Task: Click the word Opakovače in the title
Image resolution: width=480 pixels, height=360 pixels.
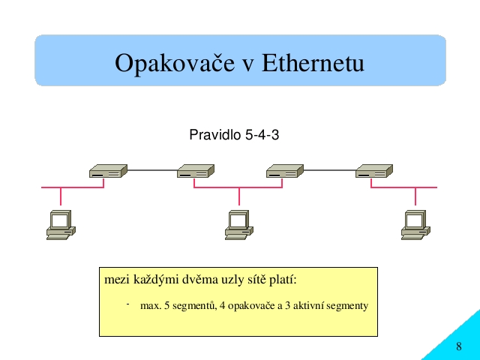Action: [x=175, y=64]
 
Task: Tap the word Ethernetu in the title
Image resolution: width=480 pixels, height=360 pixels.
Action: [x=313, y=62]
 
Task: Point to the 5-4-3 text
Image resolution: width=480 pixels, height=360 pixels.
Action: [x=262, y=135]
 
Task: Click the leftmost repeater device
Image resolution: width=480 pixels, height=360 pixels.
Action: [x=108, y=171]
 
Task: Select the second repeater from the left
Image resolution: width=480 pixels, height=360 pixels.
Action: [x=196, y=171]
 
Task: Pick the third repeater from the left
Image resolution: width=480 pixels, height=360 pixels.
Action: [x=285, y=171]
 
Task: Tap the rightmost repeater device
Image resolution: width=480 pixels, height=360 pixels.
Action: [x=374, y=171]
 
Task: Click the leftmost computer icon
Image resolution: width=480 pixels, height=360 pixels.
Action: [x=61, y=225]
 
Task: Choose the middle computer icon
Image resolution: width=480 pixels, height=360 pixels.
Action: [x=239, y=225]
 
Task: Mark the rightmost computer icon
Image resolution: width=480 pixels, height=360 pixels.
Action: [x=415, y=225]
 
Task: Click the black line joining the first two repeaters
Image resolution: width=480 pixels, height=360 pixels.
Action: [x=152, y=170]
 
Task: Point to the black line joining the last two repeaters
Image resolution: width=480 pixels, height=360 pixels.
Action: [x=330, y=170]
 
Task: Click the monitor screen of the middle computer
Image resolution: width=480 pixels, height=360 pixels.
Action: [x=238, y=220]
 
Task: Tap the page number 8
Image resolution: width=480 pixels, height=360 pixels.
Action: [x=458, y=346]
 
